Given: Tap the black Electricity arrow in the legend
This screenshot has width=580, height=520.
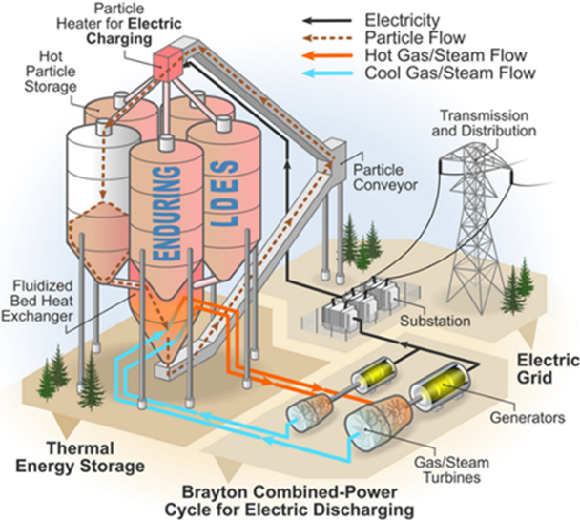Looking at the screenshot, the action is click(327, 21).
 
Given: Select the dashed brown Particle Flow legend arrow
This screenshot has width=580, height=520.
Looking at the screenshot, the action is click(327, 38).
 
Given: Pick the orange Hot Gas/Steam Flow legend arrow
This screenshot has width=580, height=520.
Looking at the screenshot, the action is click(327, 56).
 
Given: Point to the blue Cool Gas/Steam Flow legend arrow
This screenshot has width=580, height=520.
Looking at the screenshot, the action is click(327, 73).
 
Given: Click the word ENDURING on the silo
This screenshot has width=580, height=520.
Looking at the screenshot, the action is click(167, 213).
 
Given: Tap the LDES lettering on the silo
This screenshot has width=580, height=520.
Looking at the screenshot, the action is click(224, 194).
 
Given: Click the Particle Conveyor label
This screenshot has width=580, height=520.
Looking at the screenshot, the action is click(385, 177).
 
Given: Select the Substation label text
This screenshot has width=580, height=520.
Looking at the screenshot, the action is click(435, 321).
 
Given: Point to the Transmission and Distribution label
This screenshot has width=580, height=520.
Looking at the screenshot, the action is click(484, 123).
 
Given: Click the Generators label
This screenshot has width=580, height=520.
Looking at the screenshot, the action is click(528, 418).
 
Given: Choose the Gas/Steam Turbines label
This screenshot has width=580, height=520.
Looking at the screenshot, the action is click(451, 469).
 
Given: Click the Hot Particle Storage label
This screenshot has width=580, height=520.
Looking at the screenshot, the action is click(51, 72).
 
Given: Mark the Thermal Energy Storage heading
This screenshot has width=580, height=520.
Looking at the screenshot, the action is click(80, 457).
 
